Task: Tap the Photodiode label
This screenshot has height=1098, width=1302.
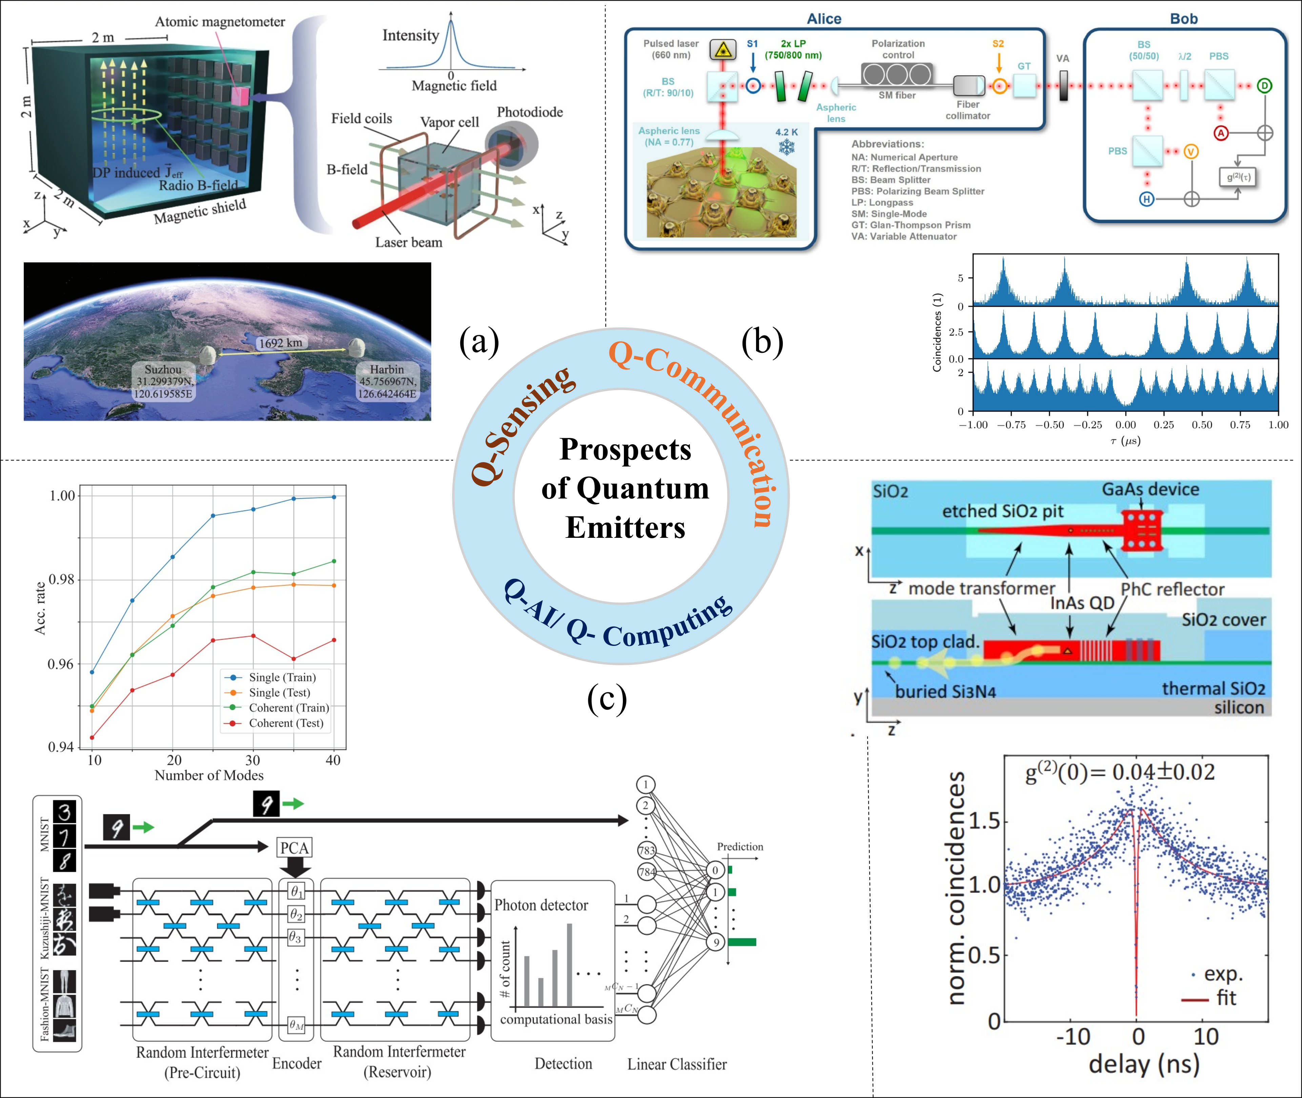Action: coord(530,112)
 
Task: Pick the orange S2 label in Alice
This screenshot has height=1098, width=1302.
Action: coord(998,44)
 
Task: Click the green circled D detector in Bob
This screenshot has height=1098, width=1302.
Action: coord(1264,86)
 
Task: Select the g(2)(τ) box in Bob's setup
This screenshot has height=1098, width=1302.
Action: coord(1237,177)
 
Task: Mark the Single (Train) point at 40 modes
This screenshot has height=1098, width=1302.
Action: coord(334,497)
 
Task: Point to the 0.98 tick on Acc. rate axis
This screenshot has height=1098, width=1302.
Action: coord(62,579)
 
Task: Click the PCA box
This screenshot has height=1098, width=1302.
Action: coord(294,848)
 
